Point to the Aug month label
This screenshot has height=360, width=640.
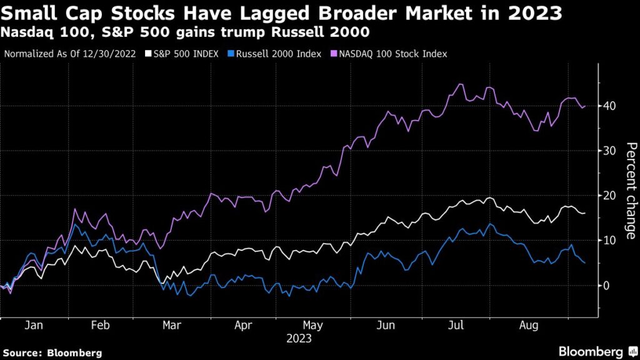coord(528,326)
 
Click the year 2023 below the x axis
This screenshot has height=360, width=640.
coord(299,339)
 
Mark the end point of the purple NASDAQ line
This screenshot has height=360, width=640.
coord(585,106)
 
